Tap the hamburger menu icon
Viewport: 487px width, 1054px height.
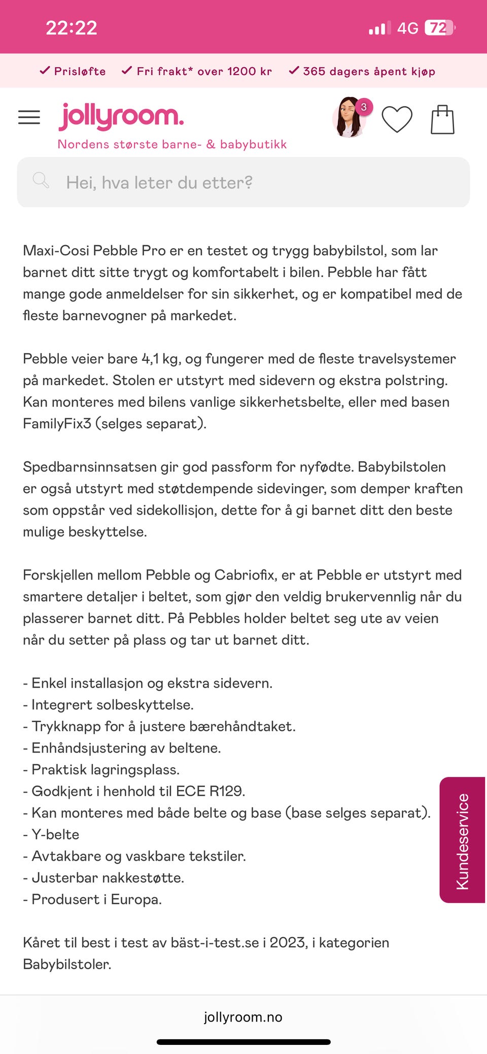pos(29,117)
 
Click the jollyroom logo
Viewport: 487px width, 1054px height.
pos(121,117)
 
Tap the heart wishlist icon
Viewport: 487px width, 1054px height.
pos(397,119)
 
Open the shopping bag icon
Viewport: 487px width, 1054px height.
pos(442,120)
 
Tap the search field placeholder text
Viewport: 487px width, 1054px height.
pos(159,183)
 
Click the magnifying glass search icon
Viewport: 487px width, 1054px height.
pos(41,180)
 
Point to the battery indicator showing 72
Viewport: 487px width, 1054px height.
pos(439,27)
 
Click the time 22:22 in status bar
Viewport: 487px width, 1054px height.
pos(72,28)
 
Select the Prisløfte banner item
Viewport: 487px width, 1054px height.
pos(73,71)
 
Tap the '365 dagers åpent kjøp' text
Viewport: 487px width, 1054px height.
pos(362,71)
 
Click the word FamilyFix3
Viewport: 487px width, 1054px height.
pos(57,423)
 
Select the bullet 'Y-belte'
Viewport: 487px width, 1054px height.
pos(55,835)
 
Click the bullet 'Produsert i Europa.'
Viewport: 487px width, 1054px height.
pos(96,900)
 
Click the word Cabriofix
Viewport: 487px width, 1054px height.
pos(245,575)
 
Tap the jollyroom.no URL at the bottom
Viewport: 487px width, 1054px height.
pos(243,1017)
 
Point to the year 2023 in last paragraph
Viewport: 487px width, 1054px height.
pos(288,943)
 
